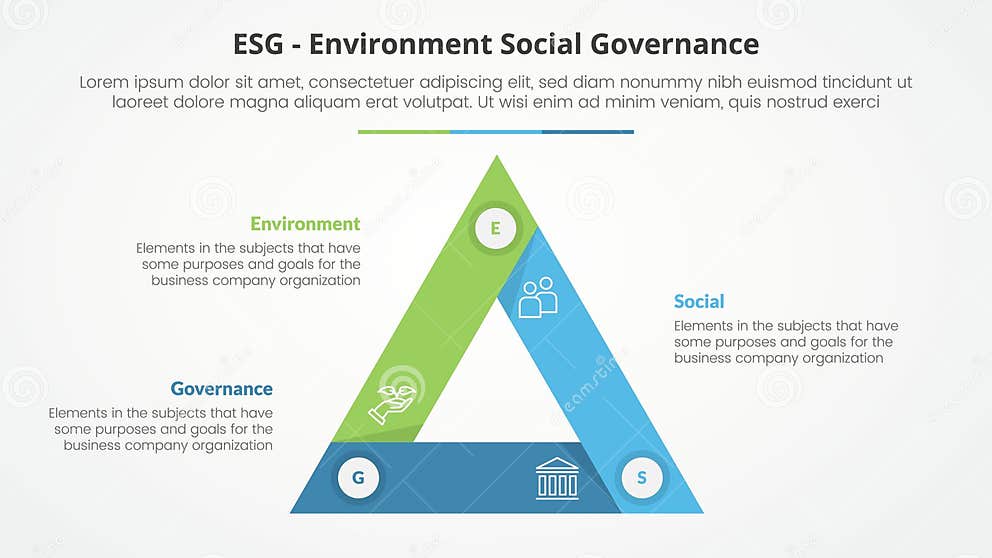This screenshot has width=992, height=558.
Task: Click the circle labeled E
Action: click(x=494, y=229)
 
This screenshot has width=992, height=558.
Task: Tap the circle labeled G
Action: click(x=358, y=478)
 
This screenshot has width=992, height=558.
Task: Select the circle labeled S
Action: click(x=641, y=478)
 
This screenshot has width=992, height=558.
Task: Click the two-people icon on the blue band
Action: click(x=538, y=297)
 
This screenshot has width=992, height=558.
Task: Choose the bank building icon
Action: click(x=557, y=478)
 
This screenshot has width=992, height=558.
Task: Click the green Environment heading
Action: click(x=305, y=224)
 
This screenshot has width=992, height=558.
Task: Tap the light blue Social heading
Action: click(x=699, y=301)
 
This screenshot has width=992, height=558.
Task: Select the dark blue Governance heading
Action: click(x=221, y=389)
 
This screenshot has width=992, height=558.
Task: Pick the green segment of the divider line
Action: click(x=403, y=131)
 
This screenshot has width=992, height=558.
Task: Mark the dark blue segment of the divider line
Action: click(x=588, y=131)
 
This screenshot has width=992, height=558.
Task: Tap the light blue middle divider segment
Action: click(x=496, y=131)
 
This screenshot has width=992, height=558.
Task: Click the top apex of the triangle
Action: click(x=496, y=158)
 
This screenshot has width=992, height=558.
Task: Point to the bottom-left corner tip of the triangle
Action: click(x=293, y=511)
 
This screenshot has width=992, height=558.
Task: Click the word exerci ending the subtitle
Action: click(x=853, y=102)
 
